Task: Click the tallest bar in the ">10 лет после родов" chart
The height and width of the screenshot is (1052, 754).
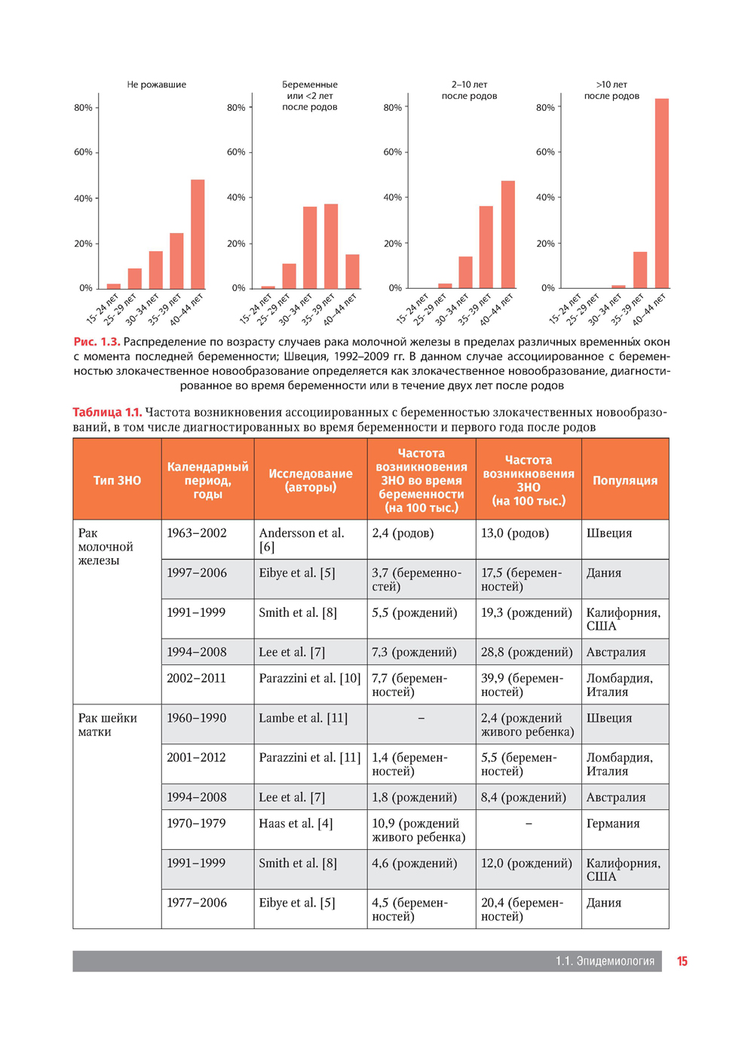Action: point(661,193)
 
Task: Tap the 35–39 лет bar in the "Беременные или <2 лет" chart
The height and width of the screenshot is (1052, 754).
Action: point(331,246)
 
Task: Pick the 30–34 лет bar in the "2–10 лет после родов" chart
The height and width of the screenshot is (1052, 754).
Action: point(465,272)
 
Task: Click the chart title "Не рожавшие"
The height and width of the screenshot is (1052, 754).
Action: point(156,84)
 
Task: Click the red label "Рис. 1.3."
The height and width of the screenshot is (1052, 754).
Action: point(97,342)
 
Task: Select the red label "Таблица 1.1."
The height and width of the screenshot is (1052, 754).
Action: point(107,412)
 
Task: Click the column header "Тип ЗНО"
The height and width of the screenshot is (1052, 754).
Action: point(117,480)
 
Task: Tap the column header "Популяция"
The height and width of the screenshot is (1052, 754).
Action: point(624,480)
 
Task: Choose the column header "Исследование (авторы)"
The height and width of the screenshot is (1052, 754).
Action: point(310,480)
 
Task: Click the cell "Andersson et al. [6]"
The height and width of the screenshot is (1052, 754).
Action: point(301,539)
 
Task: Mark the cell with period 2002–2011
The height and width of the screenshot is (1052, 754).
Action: point(196,678)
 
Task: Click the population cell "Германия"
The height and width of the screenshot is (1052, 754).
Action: point(612,824)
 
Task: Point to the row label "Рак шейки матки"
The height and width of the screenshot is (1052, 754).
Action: point(107,725)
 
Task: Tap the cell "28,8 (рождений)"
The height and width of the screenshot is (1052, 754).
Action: point(526,652)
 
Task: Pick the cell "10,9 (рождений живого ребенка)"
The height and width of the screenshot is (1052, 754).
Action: point(418,830)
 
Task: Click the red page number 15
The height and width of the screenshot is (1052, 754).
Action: point(682,961)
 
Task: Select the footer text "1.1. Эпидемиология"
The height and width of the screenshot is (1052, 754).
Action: point(605,961)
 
